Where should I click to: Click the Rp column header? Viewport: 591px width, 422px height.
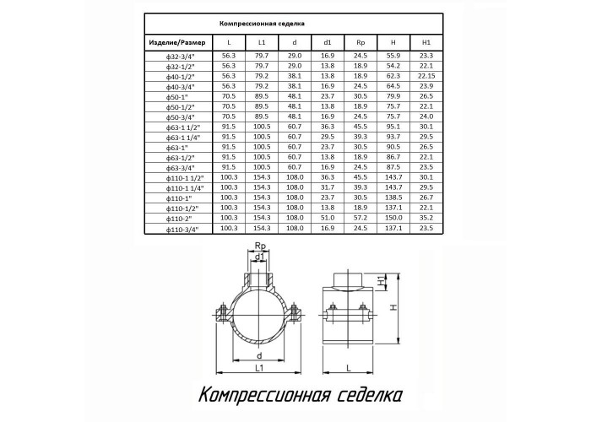361,42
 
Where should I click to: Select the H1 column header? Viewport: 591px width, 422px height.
426,42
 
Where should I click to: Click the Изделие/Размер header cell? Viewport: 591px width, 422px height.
177,42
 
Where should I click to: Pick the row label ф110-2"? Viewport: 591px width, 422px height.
179,219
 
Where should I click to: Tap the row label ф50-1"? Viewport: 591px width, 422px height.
176,97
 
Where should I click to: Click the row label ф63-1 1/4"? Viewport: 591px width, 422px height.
183,138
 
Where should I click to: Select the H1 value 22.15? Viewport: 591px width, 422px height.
426,76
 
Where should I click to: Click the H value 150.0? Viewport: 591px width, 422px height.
393,218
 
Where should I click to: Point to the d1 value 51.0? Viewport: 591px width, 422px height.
328,218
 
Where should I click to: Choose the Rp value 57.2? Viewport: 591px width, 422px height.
361,218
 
